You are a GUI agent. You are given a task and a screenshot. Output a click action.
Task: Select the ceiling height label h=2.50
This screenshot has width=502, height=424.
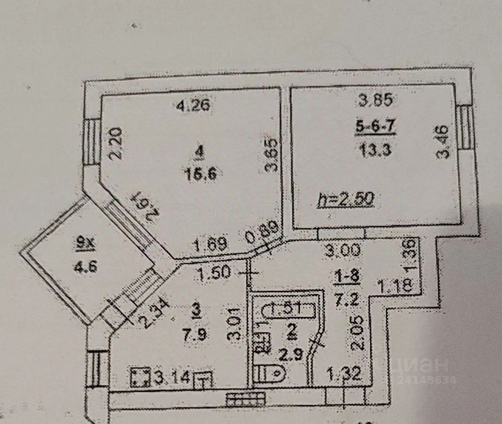click(x=346, y=200)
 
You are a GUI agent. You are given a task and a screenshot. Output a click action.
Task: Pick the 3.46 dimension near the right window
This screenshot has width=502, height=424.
click(x=443, y=142)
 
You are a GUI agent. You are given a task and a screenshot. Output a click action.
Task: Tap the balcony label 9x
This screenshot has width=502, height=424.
click(x=82, y=242)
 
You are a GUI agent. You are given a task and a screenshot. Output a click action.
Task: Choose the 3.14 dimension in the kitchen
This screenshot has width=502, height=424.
click(x=173, y=378)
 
